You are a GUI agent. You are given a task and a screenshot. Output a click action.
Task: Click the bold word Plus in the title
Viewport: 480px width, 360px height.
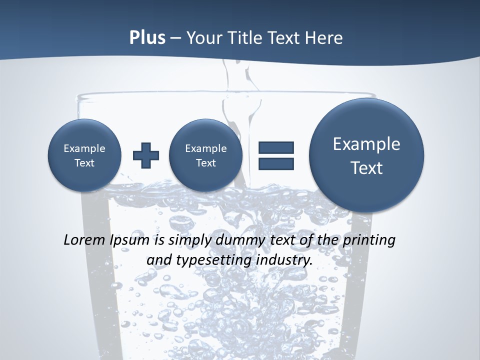coord(147,38)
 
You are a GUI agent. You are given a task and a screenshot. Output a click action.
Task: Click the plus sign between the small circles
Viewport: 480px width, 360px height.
coord(146,155)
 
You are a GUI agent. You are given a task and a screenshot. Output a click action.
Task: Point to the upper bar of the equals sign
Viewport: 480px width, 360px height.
coord(276,147)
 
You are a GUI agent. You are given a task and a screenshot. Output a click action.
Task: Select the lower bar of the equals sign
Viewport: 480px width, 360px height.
coord(276,163)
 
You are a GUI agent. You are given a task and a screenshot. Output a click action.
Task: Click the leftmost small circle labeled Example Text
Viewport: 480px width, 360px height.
coord(84,155)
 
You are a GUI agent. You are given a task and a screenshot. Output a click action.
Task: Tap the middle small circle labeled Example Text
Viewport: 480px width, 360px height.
coord(205,155)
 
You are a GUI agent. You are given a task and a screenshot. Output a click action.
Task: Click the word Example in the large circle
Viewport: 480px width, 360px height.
coord(366,144)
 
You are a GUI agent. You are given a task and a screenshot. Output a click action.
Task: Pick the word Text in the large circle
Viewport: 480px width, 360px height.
coord(366,168)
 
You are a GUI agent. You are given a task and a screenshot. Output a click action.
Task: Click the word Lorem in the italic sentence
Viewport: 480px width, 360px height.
coord(85,240)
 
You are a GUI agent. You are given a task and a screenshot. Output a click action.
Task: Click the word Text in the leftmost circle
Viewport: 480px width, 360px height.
coord(84,163)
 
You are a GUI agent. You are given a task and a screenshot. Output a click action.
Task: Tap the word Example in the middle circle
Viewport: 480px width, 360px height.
coord(205,148)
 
